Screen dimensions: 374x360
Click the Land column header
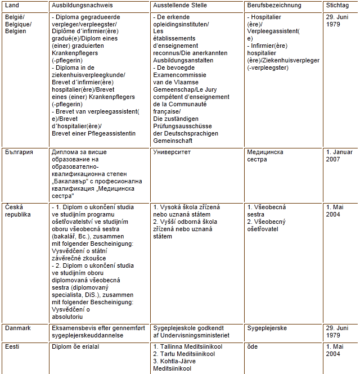(11, 6)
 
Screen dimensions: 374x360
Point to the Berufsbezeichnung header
(274, 6)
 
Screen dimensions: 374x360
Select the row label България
(19, 152)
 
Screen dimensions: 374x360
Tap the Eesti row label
(12, 346)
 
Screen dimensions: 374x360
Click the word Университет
(172, 152)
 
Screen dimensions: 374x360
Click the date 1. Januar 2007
(339, 156)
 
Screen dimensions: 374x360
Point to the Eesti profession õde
(253, 346)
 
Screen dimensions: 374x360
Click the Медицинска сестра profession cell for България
(265, 156)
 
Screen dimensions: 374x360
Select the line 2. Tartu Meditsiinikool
(186, 354)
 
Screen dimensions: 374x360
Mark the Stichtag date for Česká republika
(335, 210)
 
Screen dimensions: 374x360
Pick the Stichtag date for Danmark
(339, 331)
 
